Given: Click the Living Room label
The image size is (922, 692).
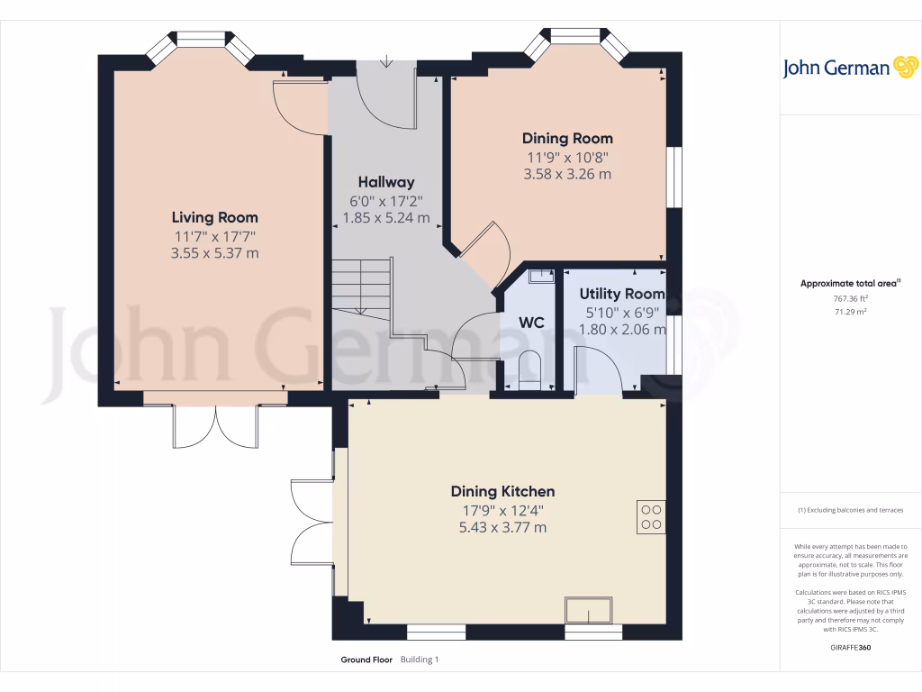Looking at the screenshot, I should pos(214,217).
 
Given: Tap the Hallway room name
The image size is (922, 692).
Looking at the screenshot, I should pos(385,182).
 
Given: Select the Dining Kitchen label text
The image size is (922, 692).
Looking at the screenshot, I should pos(502,491).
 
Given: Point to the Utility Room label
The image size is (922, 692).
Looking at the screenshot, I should pos(621,294).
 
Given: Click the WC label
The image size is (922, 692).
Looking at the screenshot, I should pos(531,323).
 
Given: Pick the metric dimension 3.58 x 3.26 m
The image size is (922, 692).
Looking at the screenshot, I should pos(567,174).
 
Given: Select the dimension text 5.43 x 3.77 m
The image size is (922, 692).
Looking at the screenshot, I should pos(502,527).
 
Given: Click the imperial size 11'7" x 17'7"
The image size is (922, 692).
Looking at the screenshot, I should pos(214,236).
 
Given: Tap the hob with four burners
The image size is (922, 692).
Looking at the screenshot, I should pos(651,516).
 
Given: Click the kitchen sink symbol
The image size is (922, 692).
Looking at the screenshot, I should pos(588,611).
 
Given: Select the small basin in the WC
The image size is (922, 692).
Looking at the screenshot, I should pos(540,276).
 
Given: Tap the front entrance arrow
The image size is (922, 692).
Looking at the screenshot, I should pos(386,62).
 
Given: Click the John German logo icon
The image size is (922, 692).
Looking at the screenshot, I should pos(904,68).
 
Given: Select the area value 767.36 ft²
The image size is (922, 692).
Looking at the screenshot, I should pos(850,298).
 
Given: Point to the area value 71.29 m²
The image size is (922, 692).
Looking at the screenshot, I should pos(850,312).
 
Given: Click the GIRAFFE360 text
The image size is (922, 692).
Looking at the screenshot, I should pos(850,648).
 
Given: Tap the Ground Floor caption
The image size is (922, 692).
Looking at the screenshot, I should pos(366,660).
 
